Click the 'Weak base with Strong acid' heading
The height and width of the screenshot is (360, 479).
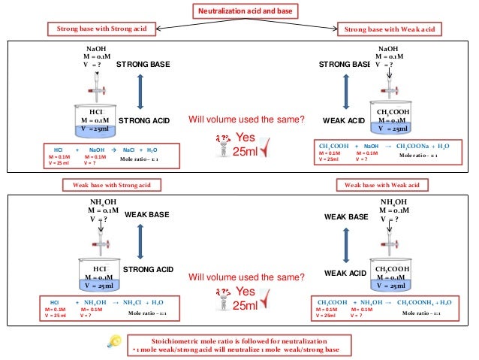pyautogui.click(x=101, y=184)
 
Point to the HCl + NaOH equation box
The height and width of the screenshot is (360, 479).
pyautogui.click(x=101, y=153)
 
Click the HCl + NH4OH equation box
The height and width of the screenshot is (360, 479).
pyautogui.click(x=101, y=307)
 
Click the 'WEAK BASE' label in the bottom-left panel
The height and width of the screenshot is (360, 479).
pyautogui.click(x=145, y=215)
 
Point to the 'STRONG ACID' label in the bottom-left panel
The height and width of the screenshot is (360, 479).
pyautogui.click(x=148, y=269)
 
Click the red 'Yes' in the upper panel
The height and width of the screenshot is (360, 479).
pyautogui.click(x=246, y=138)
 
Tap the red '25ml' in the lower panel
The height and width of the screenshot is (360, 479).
pyautogui.click(x=246, y=304)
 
